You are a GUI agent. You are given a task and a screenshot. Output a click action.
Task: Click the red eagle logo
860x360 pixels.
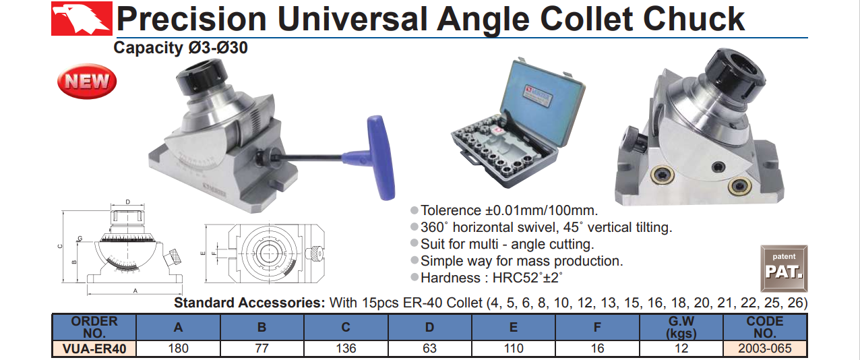(x=82, y=18)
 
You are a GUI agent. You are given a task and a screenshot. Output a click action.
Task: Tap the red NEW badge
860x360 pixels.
(x=87, y=81)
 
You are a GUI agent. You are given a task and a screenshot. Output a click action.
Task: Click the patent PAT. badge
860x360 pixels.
(x=784, y=268)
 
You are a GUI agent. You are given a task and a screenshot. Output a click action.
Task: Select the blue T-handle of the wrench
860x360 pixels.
(x=380, y=158)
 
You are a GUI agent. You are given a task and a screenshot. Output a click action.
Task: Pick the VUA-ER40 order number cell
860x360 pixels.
(x=94, y=349)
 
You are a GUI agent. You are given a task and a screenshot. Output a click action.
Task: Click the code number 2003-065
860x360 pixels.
(x=765, y=349)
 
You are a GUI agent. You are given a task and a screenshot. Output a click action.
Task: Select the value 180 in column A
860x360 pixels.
(x=178, y=349)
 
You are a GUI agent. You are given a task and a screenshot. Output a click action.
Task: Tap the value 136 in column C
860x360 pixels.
(x=346, y=349)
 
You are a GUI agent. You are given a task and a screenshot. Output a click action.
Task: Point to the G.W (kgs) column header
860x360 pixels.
(x=681, y=327)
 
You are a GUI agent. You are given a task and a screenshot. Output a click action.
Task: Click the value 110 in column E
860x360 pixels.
(x=514, y=349)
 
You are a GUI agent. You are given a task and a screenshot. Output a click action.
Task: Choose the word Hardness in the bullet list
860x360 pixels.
(x=450, y=278)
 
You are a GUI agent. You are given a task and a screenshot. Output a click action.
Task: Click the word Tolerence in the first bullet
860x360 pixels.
(x=451, y=210)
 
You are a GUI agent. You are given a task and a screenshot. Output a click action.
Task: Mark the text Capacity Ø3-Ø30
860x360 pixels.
(x=181, y=48)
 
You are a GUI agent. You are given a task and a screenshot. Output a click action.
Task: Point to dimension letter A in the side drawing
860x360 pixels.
(x=135, y=291)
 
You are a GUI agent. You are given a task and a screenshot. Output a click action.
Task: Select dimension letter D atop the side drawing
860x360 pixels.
(x=128, y=202)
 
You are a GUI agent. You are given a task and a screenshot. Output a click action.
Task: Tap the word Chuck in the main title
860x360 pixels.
(x=694, y=19)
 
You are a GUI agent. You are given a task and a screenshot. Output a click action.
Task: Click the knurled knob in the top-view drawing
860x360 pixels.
(x=315, y=254)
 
